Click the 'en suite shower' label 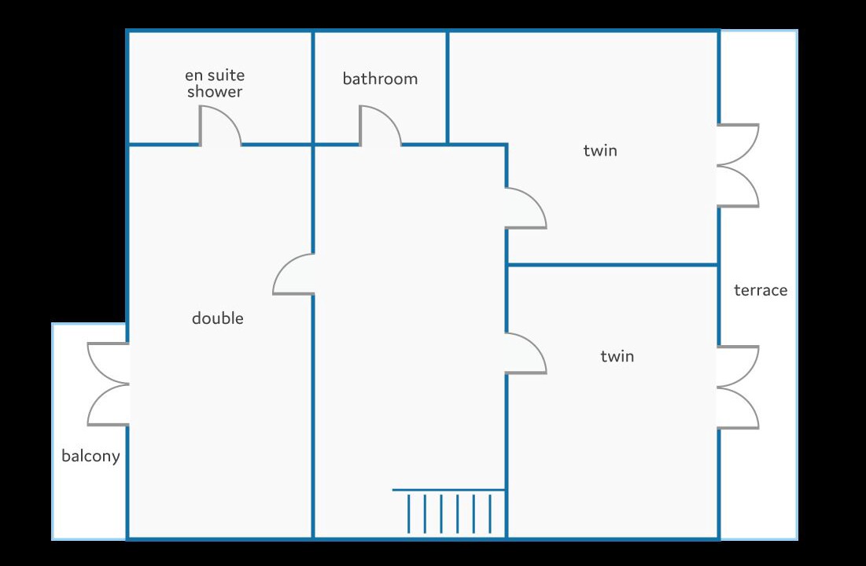click(215, 83)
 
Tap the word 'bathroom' click(380, 79)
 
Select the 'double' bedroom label click(218, 318)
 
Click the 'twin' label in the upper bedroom click(600, 150)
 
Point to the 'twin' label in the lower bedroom click(617, 356)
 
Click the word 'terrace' click(760, 290)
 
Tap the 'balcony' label click(90, 456)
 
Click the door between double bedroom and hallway click(295, 275)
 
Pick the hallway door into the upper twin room click(525, 209)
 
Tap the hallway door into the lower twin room click(525, 354)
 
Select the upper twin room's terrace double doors click(737, 165)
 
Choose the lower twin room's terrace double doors click(737, 388)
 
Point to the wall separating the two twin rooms click(614, 265)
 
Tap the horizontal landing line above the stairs click(448, 490)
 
